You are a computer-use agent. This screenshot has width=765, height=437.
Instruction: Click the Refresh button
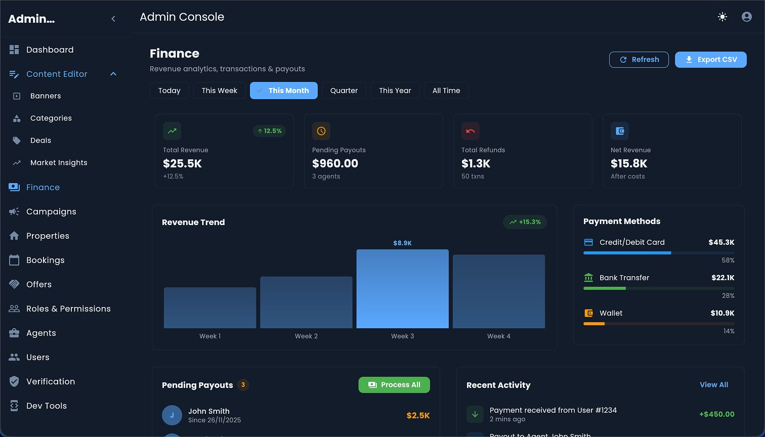coord(639,60)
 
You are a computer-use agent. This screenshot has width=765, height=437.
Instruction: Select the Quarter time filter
coord(344,91)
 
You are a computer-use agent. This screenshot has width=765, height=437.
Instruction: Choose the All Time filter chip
coord(446,91)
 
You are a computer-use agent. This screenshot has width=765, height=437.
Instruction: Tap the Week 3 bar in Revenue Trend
coord(402,289)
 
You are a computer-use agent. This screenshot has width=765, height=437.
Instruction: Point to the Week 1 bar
coord(210,308)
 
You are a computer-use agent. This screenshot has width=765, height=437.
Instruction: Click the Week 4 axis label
coord(498,336)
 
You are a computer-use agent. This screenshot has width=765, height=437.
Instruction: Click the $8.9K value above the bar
coord(402,243)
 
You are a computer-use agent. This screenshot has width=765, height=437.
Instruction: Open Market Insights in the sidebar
coord(59,163)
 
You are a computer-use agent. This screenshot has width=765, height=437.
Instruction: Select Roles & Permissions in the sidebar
coord(68,309)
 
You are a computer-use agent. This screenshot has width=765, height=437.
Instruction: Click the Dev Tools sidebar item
coord(47,406)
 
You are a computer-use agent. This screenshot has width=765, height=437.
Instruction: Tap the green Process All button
coord(394,385)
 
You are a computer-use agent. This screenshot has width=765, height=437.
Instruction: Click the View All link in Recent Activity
coord(713,385)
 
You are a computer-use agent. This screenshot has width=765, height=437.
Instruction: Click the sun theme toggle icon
coord(722,17)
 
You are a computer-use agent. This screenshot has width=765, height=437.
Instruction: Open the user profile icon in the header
coord(746,17)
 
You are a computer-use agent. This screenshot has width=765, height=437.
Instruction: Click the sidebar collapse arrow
coord(113,19)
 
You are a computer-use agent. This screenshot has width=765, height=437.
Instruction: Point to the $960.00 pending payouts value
coord(335,163)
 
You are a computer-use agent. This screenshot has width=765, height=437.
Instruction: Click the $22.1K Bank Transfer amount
coord(722,278)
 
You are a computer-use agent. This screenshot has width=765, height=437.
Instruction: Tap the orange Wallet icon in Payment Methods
coord(588,313)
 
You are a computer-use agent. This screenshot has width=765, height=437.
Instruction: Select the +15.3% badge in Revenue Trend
coord(525,222)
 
